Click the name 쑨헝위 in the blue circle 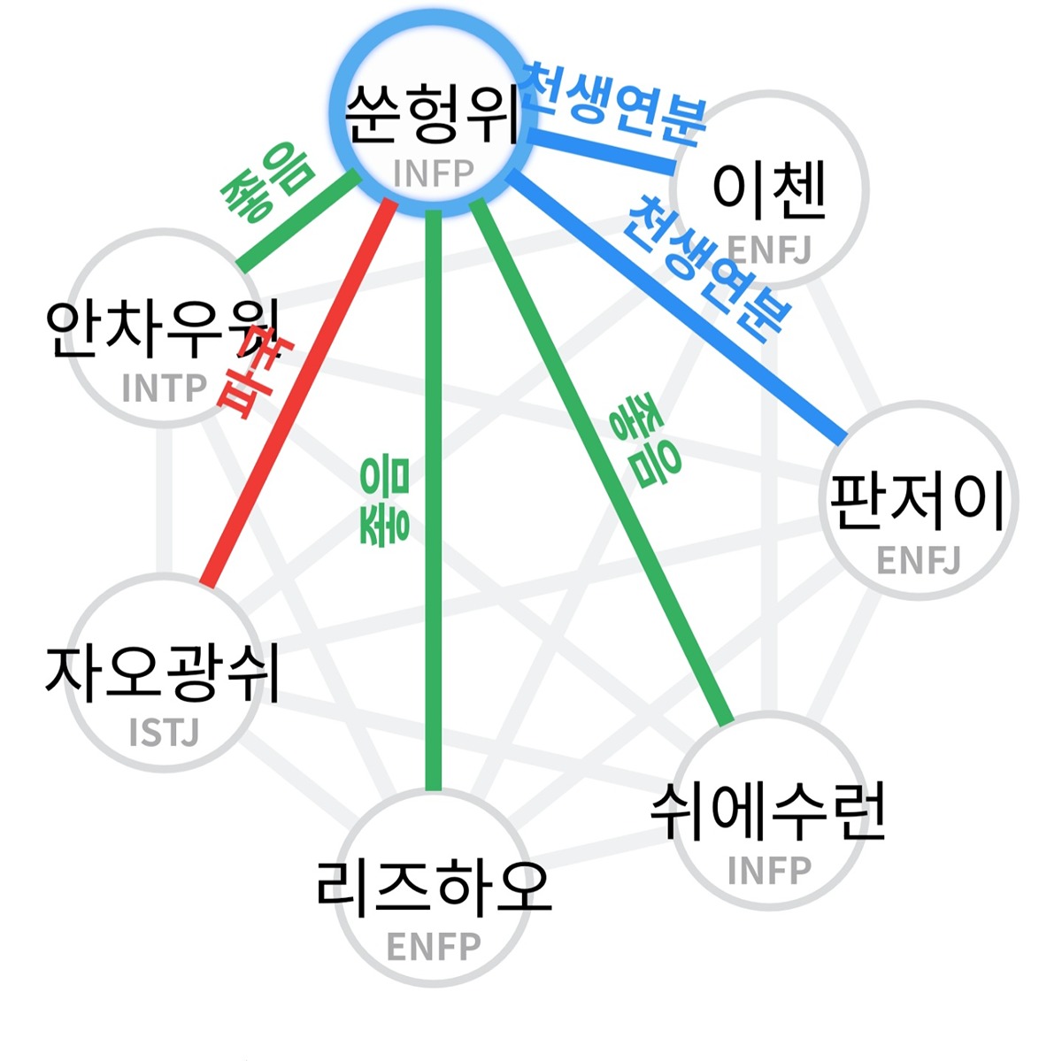coord(433,117)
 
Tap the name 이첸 coord(768,190)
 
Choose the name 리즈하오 coord(434,888)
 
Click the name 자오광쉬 coord(163,673)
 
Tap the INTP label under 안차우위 coord(164,388)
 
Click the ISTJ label coord(164,733)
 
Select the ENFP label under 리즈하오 coord(434,947)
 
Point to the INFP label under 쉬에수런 coord(768,871)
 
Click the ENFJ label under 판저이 coord(918,561)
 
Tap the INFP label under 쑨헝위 coord(433,173)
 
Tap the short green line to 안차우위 coord(297,221)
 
